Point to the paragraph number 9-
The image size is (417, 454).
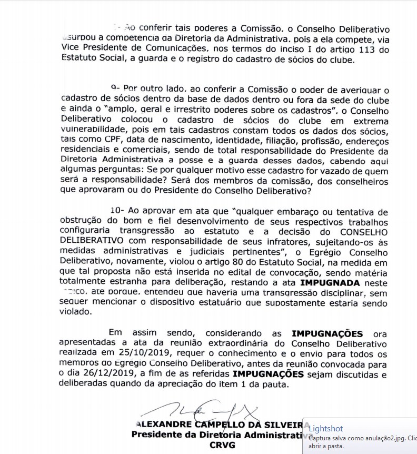point(116,89)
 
